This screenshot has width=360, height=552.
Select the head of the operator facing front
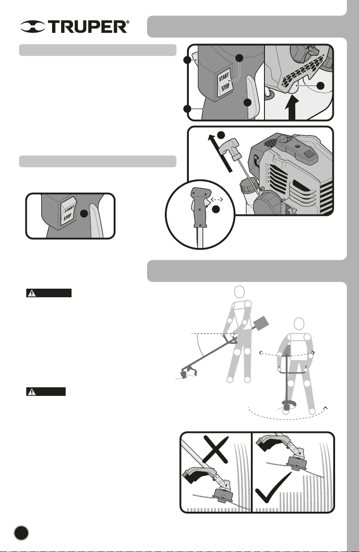[x=298, y=324]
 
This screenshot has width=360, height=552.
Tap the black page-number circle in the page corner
[x=21, y=532]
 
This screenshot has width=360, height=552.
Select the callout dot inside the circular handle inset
[x=217, y=209]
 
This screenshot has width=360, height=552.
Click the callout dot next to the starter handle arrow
[x=221, y=135]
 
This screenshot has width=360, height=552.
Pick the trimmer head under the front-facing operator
[x=286, y=405]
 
